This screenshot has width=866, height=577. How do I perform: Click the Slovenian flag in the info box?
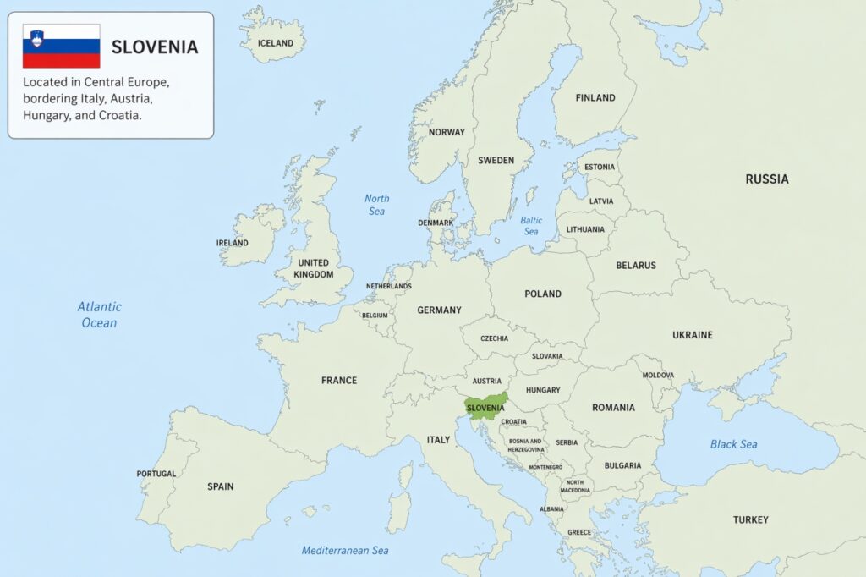[x=61, y=47]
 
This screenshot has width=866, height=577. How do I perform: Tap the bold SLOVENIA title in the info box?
[x=155, y=47]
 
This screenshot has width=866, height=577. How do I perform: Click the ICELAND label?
[x=276, y=43]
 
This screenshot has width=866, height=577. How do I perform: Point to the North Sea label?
[x=377, y=205]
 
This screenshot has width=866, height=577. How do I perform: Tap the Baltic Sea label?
[x=530, y=226]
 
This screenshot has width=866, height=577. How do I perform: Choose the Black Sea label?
[x=733, y=444]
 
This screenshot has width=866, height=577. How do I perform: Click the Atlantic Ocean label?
[x=100, y=315]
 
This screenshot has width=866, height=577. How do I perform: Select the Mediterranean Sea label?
[x=345, y=551]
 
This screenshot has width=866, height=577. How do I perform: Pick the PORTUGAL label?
[x=156, y=474]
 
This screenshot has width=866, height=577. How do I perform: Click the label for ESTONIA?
[x=600, y=167]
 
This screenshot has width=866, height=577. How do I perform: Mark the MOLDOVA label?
[x=658, y=375]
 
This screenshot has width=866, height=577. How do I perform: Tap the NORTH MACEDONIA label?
[x=576, y=486]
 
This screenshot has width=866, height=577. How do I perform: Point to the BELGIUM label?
[x=375, y=316]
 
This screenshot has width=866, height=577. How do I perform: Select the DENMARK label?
[x=436, y=223]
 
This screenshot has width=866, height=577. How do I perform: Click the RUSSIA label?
[x=766, y=179]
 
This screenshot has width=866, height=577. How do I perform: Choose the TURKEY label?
[x=750, y=519]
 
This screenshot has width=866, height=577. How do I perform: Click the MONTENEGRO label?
[x=545, y=467]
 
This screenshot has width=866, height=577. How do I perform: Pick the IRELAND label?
[x=233, y=243]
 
